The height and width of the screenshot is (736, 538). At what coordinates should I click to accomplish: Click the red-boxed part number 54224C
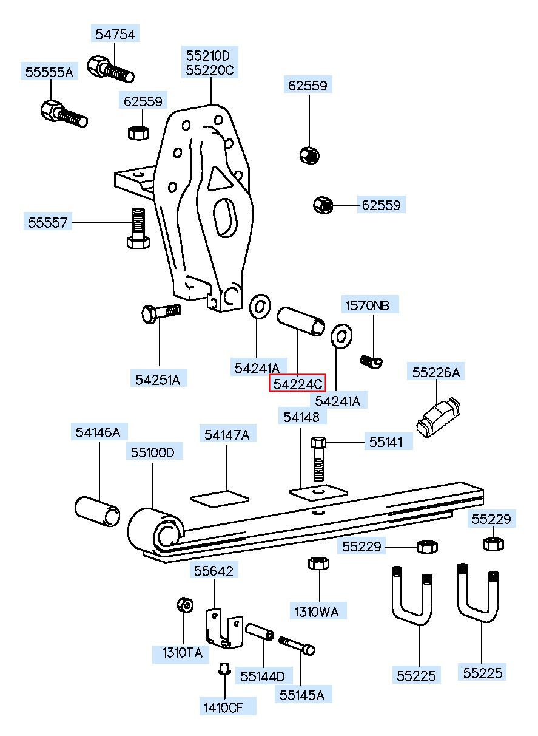tap(297, 384)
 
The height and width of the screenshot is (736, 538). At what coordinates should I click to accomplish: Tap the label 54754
tap(115, 33)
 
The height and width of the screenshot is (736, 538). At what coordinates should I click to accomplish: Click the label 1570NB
tap(368, 305)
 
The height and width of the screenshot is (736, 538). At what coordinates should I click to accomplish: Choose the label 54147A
tap(226, 435)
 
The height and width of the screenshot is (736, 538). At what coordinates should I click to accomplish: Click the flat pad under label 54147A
tap(220, 497)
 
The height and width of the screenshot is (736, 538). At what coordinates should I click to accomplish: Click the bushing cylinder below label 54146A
tap(98, 510)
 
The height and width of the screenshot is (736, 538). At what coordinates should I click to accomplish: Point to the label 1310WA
tap(317, 612)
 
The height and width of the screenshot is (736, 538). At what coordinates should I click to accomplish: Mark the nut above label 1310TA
tap(184, 605)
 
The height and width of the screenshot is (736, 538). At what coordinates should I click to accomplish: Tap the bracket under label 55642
tap(223, 628)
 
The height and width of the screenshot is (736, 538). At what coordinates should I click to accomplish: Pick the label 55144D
tap(263, 676)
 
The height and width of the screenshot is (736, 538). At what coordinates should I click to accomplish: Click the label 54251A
tap(158, 380)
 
